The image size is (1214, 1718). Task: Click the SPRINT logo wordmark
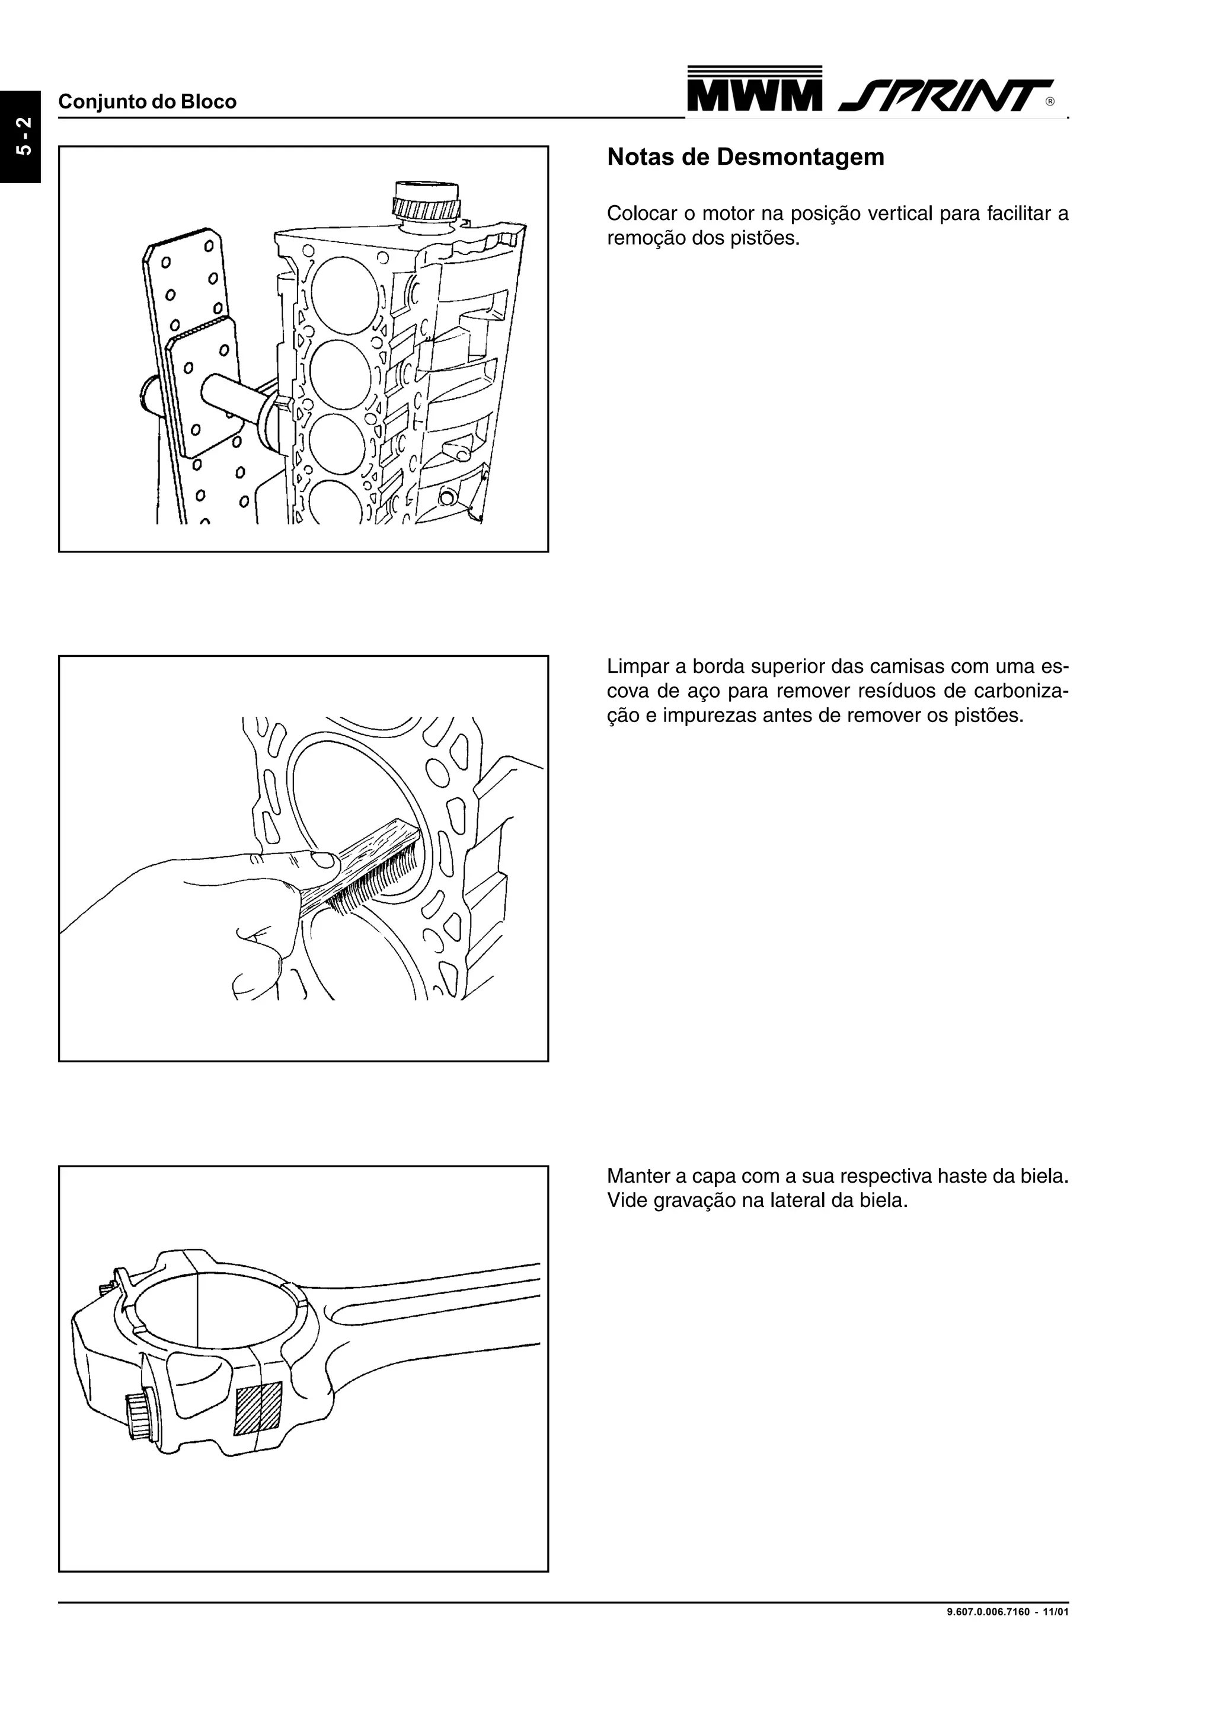click(x=944, y=96)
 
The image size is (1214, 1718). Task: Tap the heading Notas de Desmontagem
click(x=745, y=157)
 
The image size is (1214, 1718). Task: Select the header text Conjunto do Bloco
click(x=148, y=102)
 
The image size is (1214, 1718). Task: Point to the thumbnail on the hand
click(x=325, y=861)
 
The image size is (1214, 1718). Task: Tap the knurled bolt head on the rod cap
click(x=140, y=1415)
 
